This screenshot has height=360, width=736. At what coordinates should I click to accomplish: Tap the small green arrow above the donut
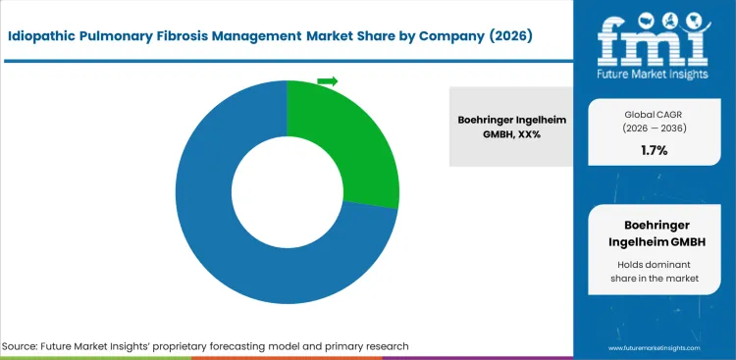328,80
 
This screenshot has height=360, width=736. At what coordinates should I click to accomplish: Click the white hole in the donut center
287,192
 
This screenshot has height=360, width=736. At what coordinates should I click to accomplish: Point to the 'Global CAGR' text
654,114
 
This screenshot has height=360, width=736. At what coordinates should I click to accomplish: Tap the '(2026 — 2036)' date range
654,128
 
